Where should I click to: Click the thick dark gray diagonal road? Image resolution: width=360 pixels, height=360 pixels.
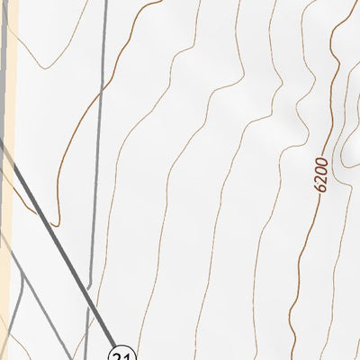click(x=63, y=243)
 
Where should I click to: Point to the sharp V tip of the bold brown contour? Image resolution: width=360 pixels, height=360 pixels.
click(x=56, y=223)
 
